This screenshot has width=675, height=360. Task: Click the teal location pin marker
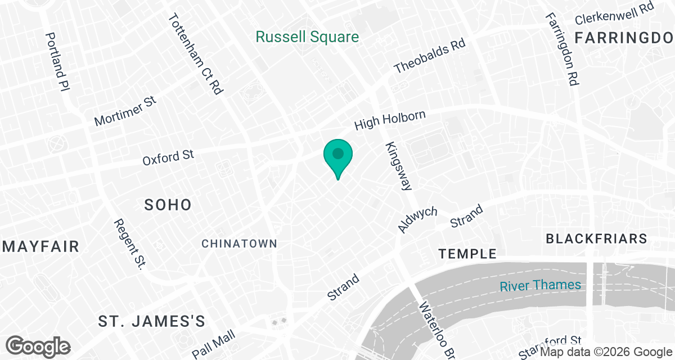pos(337,155)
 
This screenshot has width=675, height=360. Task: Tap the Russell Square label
pos(307,38)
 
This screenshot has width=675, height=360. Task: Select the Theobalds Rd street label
pos(430,57)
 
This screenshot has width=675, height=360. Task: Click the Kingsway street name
pos(399,166)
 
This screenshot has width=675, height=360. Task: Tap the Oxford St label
pos(168,157)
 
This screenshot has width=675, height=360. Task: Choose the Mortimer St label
pos(125,111)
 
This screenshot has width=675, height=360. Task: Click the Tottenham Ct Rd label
pos(196,53)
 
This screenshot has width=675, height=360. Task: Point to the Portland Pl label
pos(57,61)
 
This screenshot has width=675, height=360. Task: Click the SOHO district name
pos(168,205)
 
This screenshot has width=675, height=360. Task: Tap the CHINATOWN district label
pos(239,244)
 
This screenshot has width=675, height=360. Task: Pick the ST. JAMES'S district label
pos(151,321)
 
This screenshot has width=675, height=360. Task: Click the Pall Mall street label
pos(213,345)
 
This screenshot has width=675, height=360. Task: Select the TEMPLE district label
pos(467,254)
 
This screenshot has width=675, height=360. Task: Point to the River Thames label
pos(541,285)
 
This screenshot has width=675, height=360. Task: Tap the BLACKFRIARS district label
pos(597,238)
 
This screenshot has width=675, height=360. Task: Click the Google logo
pos(38,345)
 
